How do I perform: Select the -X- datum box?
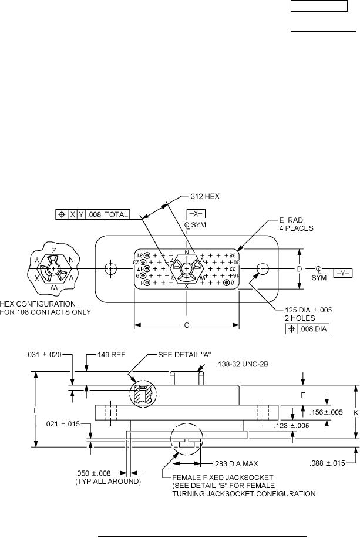196,215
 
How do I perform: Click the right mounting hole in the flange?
263,269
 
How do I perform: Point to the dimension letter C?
187,324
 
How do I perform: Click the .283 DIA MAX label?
236,463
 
